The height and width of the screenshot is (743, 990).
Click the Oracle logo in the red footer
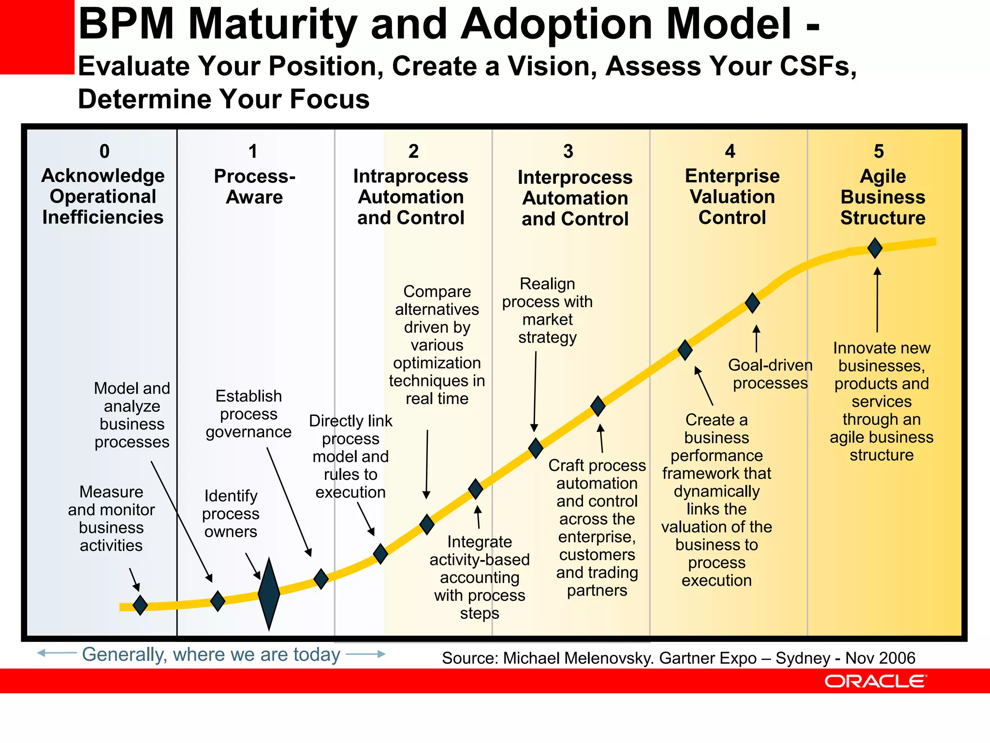point(875,681)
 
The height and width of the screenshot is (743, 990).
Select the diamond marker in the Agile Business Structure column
point(875,248)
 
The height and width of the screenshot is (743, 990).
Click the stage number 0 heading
point(104,151)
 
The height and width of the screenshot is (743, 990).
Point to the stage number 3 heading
point(568,151)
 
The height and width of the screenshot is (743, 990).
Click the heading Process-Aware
point(255,187)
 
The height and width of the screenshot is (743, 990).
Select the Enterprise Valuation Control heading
point(732,196)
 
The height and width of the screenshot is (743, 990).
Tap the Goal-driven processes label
point(770,374)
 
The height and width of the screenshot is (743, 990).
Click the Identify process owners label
point(231,513)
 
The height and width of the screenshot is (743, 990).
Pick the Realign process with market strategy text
point(547,310)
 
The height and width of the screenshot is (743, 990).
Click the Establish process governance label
point(248,414)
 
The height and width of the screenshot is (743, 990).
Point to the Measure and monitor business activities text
point(111,518)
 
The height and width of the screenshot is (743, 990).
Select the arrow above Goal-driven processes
point(757,338)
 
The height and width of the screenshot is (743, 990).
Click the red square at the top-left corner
point(37,37)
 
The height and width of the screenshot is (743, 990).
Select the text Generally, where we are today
point(211,654)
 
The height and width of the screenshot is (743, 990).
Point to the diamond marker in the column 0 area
point(140,605)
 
